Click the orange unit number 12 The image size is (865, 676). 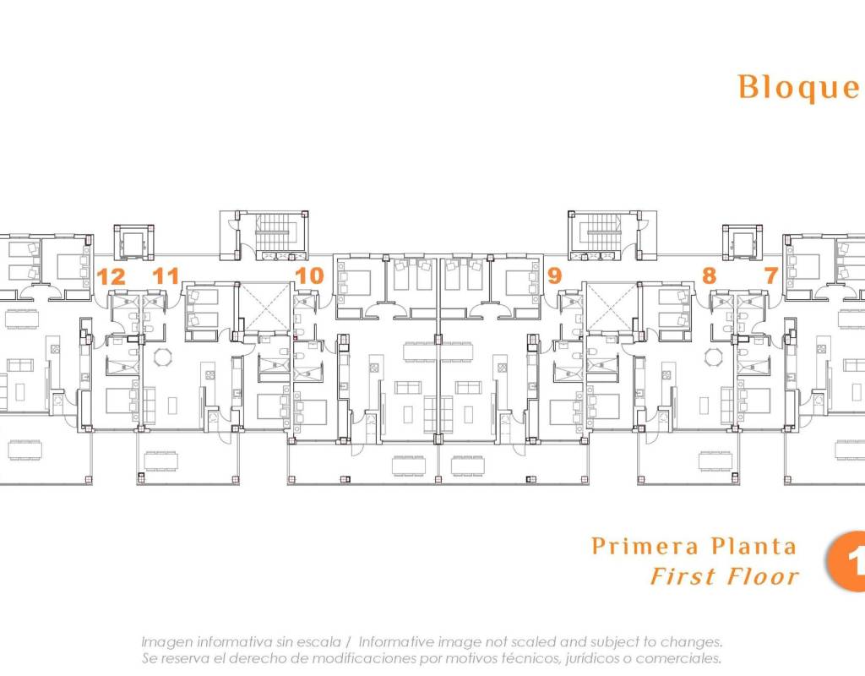coord(112,276)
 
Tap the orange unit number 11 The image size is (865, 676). coord(166,276)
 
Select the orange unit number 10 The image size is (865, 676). coord(309,276)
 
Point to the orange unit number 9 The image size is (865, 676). coord(555,275)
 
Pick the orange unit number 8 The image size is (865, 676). coord(710,275)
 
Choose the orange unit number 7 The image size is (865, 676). coord(771,275)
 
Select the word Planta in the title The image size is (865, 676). coord(753,547)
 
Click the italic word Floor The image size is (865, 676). coord(763,576)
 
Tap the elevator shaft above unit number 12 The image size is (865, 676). coord(133,243)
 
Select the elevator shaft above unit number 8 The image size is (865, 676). coord(743,243)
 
